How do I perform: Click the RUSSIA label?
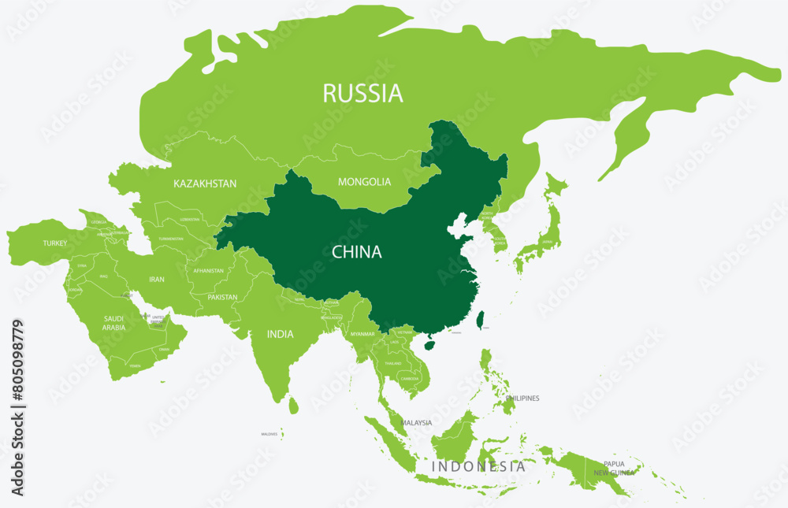pos(362,94)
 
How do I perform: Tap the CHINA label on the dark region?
pos(356,252)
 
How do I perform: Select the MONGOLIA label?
pos(364,182)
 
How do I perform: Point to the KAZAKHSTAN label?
pos(205,184)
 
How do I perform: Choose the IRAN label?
pos(157,279)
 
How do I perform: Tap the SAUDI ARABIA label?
pos(113,323)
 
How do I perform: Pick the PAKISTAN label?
pos(223,298)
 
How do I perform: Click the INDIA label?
pos(280,334)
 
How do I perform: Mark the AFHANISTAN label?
pos(209,271)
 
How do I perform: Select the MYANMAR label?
pos(362,334)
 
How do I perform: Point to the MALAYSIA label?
pos(416,423)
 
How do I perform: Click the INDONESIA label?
pos(478,466)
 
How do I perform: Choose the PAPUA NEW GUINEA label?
pos(614,468)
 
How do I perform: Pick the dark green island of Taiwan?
pos(481,320)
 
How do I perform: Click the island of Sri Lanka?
pos(293,405)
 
